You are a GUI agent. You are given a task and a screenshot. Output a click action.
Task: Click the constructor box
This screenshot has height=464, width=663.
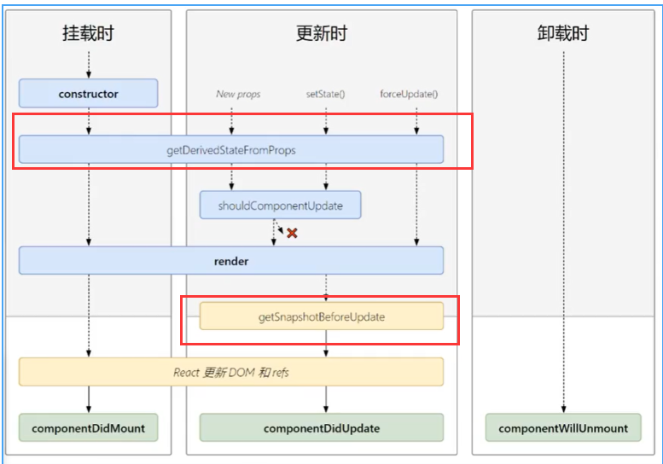click(89, 94)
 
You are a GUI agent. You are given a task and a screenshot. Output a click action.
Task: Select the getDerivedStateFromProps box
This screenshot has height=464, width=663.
click(231, 149)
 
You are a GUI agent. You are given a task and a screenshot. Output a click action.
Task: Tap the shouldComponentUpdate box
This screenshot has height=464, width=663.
click(280, 206)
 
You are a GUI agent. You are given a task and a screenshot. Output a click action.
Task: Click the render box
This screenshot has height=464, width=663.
click(231, 261)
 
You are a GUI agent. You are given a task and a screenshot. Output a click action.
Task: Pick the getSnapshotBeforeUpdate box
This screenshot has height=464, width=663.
click(322, 316)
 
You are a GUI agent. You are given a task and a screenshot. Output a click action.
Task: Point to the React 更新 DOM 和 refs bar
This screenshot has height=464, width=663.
click(231, 372)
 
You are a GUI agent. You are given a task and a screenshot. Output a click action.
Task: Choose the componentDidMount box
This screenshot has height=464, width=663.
click(89, 428)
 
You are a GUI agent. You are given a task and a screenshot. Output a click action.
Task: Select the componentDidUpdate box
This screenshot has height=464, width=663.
click(322, 428)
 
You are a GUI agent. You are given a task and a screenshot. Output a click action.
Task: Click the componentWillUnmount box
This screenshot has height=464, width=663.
click(563, 428)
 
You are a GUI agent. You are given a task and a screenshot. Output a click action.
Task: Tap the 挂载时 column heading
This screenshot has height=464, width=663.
click(88, 34)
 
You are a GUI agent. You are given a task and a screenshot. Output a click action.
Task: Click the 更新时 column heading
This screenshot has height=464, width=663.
click(322, 34)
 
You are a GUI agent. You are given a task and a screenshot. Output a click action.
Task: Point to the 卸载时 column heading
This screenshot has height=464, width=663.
click(563, 34)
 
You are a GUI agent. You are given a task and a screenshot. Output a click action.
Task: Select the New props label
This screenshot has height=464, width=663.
click(238, 94)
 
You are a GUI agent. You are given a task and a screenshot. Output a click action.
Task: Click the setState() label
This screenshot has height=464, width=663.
click(325, 94)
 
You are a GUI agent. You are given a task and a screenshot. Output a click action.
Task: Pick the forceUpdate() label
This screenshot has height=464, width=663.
click(409, 94)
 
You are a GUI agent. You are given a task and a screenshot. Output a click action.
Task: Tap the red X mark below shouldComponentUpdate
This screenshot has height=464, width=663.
click(292, 233)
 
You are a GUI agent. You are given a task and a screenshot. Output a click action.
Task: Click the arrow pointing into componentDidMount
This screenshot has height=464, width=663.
click(89, 401)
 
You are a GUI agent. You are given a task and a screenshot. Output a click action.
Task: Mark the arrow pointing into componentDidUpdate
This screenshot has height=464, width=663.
click(325, 401)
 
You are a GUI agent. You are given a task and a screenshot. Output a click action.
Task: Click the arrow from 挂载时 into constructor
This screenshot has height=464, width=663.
click(89, 65)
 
